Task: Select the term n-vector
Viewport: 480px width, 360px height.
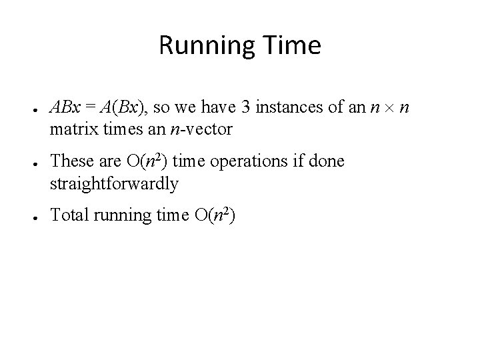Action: (x=201, y=129)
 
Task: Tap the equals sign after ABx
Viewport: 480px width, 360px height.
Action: (x=89, y=107)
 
